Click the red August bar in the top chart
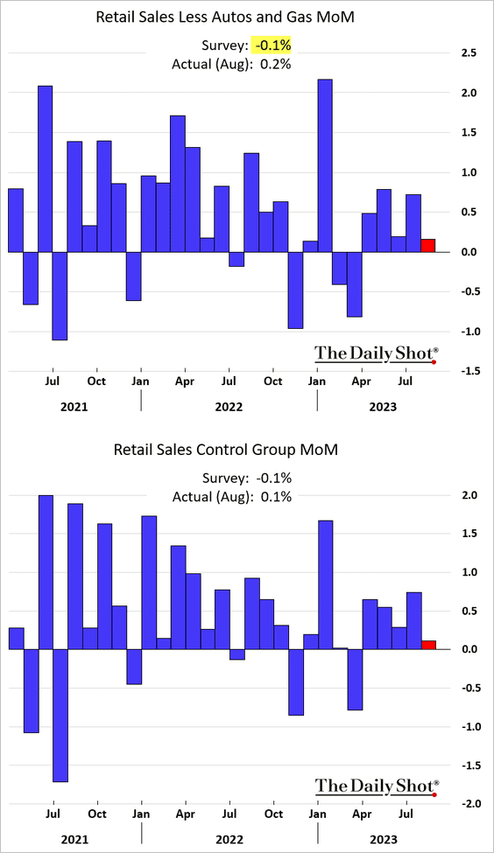point(428,245)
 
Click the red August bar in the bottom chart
point(428,645)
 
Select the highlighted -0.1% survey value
point(272,45)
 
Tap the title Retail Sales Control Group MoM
point(225,450)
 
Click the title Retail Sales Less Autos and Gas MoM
point(225,17)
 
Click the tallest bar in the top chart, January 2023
point(325,165)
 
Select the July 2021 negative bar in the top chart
point(60,296)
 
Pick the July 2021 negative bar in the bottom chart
point(60,716)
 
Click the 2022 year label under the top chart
point(229,406)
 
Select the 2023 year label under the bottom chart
point(384,839)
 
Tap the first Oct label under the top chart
point(97,381)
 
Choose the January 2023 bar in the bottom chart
point(325,584)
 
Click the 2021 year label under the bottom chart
point(74,839)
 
